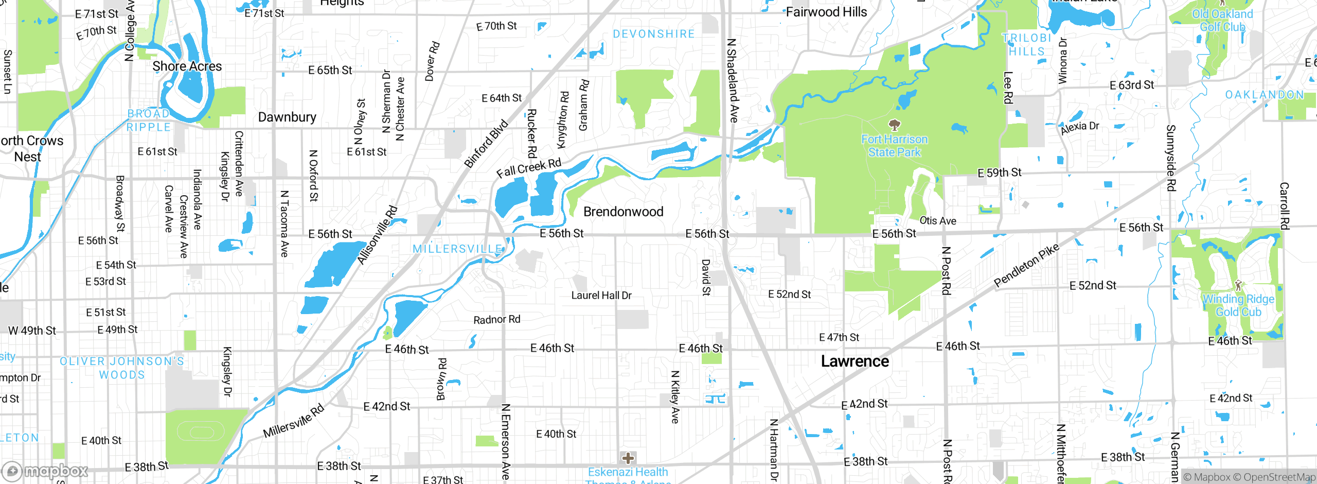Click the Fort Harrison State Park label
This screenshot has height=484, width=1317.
tap(894, 146)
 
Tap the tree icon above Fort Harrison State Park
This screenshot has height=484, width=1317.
tap(895, 125)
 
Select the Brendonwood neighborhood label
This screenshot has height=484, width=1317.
tap(623, 212)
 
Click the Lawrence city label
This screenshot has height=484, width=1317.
tap(855, 361)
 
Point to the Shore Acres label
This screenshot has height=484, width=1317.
tap(187, 66)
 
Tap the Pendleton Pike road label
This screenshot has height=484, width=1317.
tap(1026, 265)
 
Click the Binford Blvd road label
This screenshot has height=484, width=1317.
tap(486, 144)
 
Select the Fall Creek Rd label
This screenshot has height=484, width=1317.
tap(528, 168)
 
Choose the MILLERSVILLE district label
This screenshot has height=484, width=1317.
tap(457, 249)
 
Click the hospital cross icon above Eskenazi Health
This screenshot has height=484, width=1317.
tap(628, 458)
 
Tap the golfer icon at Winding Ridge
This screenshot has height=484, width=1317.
tap(1238, 285)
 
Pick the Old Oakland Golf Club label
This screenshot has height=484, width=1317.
tap(1222, 21)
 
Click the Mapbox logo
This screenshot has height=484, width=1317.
tap(45, 471)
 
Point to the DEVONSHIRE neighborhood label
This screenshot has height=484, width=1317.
tap(653, 34)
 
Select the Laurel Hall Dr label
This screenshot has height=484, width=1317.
tap(601, 296)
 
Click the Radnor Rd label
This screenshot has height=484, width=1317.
tap(496, 320)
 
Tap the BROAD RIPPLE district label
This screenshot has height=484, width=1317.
tap(149, 120)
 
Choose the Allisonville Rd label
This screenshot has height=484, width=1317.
tap(378, 235)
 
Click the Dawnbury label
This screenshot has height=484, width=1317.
tap(287, 117)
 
